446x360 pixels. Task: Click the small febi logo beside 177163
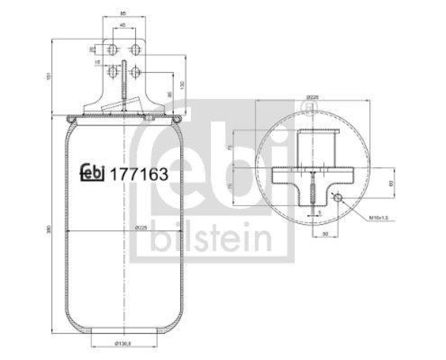point(93,174)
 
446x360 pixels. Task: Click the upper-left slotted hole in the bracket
point(113,49)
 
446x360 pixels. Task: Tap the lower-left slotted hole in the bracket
point(113,72)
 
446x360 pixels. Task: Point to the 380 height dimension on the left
point(50,228)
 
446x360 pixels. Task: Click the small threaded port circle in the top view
point(337,197)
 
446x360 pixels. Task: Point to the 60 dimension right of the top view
point(391,182)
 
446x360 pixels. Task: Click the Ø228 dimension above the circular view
point(310,96)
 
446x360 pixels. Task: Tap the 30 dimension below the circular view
point(324,234)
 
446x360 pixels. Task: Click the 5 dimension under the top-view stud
point(319,212)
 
